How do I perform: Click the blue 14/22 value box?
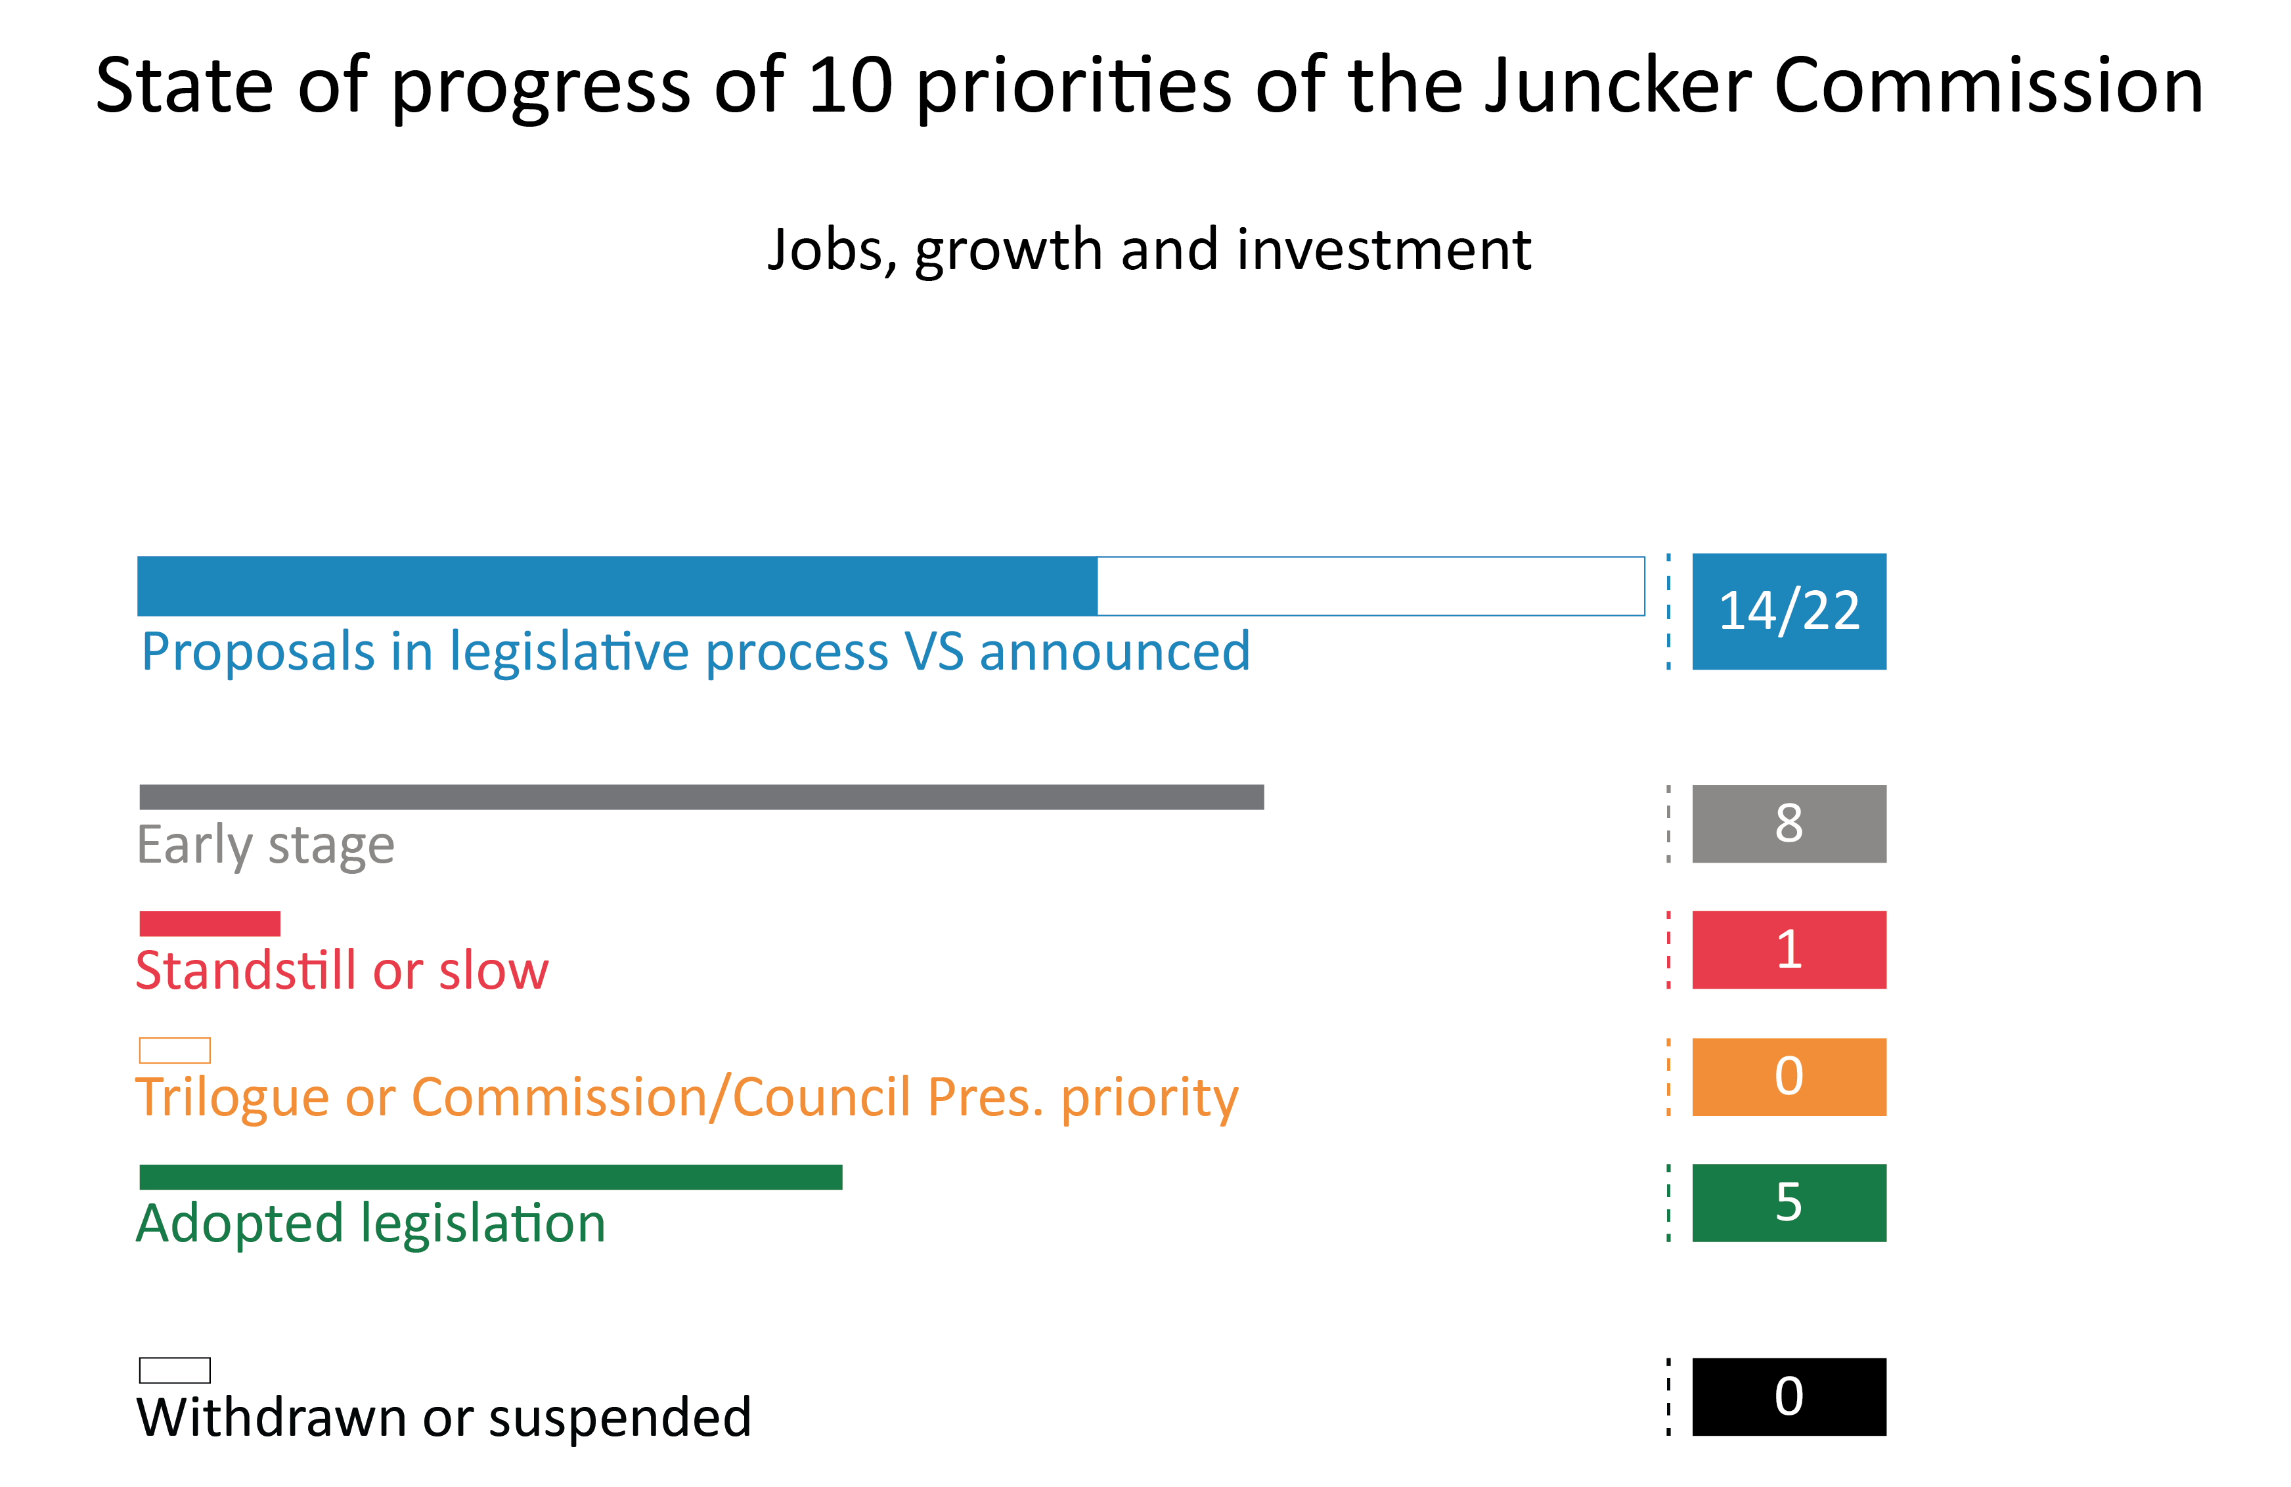tap(1789, 611)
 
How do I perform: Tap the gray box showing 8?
tap(1789, 824)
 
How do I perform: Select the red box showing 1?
tap(1789, 950)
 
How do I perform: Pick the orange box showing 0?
tap(1789, 1077)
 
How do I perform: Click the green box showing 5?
tap(1789, 1203)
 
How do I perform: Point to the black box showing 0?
tap(1789, 1396)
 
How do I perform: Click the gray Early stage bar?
tap(701, 797)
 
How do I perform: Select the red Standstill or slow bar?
tap(210, 924)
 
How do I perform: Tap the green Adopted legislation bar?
tap(491, 1177)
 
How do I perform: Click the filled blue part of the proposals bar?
tap(616, 586)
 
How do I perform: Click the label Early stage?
tap(265, 845)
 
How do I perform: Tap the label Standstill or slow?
tap(342, 970)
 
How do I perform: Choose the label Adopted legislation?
tap(370, 1223)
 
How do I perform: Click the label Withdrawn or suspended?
tap(444, 1417)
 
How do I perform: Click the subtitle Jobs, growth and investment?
tap(1148, 250)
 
